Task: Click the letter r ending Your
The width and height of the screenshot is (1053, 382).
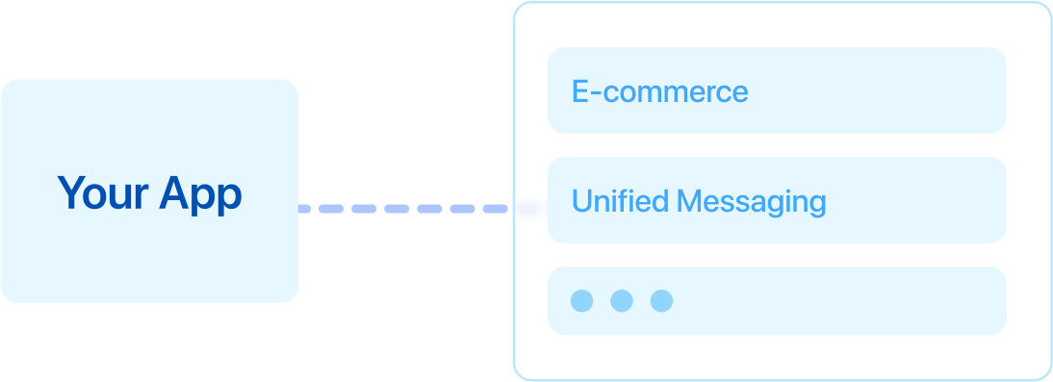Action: (141, 196)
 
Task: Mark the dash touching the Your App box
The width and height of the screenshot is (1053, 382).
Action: (310, 208)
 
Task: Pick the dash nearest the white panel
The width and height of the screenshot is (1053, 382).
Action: (495, 208)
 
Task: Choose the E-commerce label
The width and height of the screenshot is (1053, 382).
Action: (659, 91)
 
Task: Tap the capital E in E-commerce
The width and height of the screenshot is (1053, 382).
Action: (579, 91)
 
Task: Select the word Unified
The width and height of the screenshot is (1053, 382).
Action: (620, 201)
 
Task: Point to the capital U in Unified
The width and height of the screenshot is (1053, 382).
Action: (580, 201)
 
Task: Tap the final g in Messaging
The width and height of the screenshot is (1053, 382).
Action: (816, 205)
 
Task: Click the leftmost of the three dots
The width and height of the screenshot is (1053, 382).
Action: (581, 300)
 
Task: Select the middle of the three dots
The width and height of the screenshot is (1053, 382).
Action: (622, 300)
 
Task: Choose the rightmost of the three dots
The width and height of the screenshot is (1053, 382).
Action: (661, 300)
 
